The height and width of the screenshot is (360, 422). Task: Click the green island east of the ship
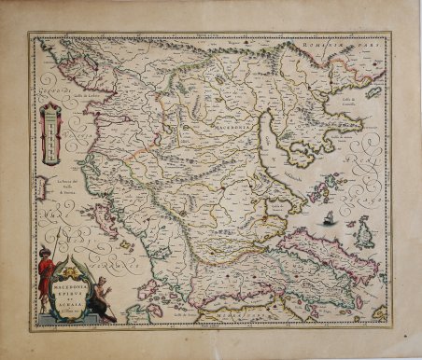tap(363, 233)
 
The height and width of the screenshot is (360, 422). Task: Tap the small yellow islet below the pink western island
tap(123, 244)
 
